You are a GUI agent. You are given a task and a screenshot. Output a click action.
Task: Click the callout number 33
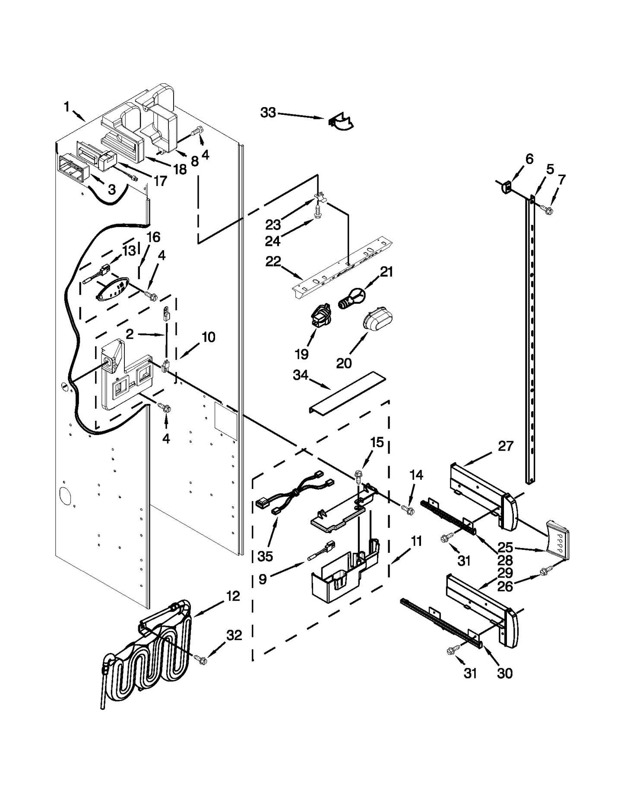[267, 113]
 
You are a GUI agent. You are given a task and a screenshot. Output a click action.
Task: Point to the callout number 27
[505, 446]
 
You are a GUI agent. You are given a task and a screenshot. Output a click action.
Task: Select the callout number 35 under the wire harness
[265, 556]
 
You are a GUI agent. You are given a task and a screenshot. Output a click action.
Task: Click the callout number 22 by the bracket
[273, 262]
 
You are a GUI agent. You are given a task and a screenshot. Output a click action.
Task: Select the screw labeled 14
[406, 510]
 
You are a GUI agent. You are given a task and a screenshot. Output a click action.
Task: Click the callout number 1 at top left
[67, 107]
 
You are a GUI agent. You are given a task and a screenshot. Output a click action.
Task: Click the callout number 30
[504, 673]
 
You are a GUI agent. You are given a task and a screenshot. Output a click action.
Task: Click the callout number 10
[208, 337]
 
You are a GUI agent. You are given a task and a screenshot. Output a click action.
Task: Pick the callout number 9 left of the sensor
[263, 579]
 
